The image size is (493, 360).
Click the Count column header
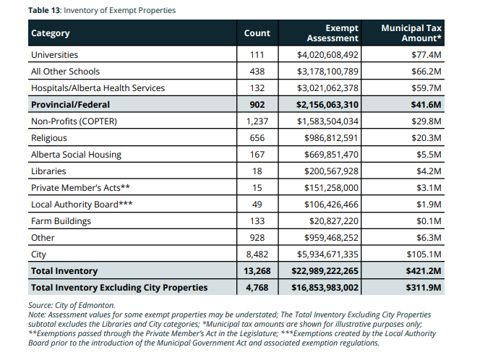coord(257,33)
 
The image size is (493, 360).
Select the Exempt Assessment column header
coord(333,33)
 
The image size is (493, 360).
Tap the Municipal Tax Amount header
coord(411,33)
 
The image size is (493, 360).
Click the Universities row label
coord(54,55)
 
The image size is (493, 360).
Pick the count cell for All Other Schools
coord(257,72)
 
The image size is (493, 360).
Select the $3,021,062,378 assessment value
coord(327,88)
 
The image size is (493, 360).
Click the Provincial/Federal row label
coord(70,105)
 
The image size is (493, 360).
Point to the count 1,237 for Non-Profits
coord(257,121)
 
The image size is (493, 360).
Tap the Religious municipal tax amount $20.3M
coord(426,138)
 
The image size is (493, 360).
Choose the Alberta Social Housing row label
coord(76,155)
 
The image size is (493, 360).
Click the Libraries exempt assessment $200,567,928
coord(331,171)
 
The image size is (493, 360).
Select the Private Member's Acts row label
coord(80,188)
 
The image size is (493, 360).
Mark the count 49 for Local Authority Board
coord(257,205)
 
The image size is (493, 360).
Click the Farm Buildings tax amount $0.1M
coord(429,221)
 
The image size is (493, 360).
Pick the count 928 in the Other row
coord(257,238)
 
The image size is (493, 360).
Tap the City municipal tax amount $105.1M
coord(424,254)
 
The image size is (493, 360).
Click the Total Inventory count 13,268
coord(257,271)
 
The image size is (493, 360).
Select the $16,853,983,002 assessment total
coord(325,288)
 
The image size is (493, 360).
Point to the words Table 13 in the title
coord(44,10)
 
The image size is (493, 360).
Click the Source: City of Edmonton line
coord(72,306)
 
